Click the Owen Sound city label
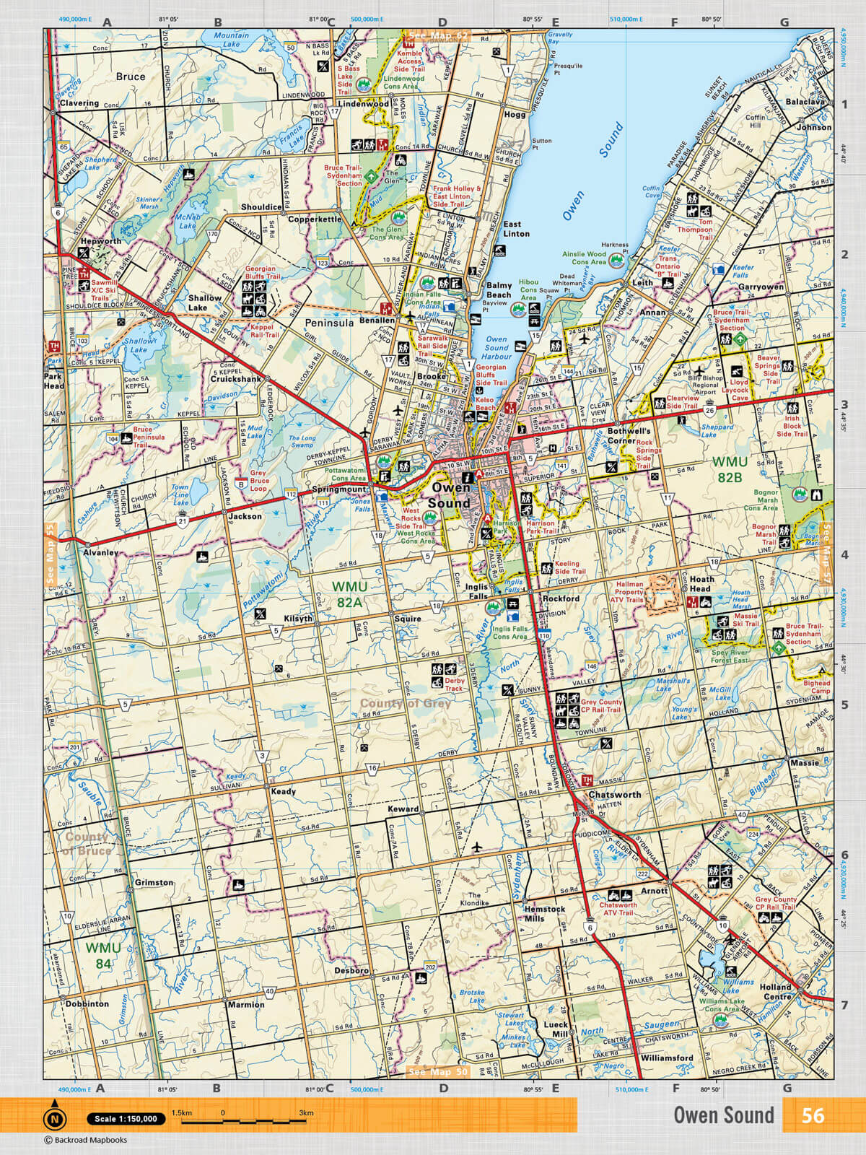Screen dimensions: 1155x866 [x=450, y=495]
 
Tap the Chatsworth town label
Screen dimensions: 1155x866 [x=614, y=794]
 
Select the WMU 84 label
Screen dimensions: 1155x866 [x=103, y=955]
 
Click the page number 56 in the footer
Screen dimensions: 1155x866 [x=812, y=1115]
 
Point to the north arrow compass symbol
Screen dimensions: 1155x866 [x=54, y=1117]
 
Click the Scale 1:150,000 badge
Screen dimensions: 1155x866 [x=126, y=1119]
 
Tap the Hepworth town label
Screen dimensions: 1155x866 [x=100, y=241]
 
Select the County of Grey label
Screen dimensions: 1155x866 [x=405, y=703]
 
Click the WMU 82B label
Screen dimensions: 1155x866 [x=730, y=469]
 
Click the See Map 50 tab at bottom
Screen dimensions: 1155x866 [x=438, y=1072]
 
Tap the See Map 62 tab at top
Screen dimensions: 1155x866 [x=438, y=35]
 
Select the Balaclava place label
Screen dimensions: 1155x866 [x=805, y=102]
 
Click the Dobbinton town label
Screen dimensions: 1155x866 [x=87, y=1003]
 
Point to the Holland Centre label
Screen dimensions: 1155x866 [x=775, y=991]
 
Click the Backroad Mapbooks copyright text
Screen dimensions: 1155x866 [x=86, y=1140]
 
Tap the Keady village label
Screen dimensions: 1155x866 [x=283, y=791]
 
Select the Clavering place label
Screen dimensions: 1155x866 [x=79, y=103]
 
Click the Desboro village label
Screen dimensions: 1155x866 [x=351, y=970]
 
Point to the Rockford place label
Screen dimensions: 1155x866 [x=561, y=598]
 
